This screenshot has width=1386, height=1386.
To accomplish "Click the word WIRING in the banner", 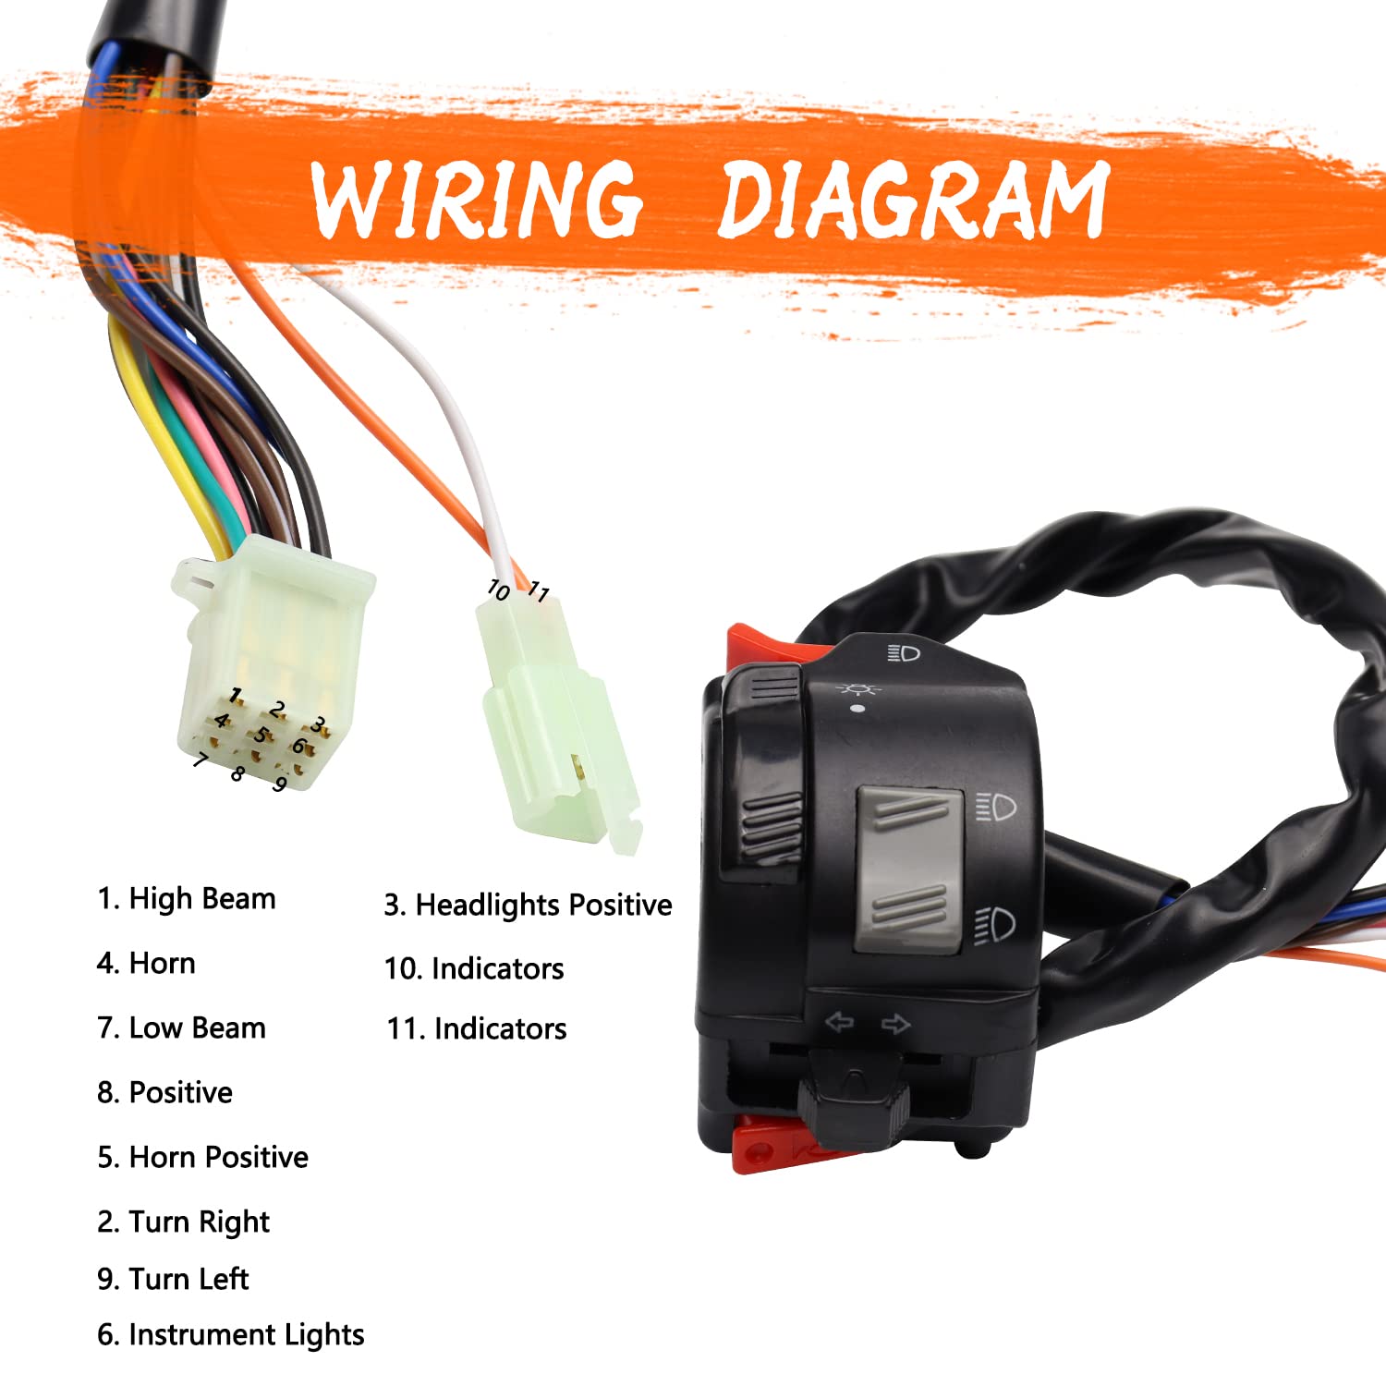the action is pos(476,199).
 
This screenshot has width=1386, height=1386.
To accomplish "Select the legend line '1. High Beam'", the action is pos(187,898).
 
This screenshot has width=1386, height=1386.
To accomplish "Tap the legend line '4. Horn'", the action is pos(146,963).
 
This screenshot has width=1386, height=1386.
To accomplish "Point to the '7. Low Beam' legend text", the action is pos(181,1027).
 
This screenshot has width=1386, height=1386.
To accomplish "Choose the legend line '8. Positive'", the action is pos(164,1092).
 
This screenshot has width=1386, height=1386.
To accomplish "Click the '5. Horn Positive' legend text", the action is pos(202,1157).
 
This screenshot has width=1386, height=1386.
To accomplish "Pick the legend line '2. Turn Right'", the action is pos(183,1222).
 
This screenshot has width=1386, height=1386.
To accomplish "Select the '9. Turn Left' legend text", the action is pos(173,1279).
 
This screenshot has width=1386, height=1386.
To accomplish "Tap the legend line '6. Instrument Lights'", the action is pos(230,1334).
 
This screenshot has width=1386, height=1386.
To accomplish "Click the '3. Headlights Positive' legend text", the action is pos(528,905).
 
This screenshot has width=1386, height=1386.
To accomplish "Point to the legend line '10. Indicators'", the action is pos(473,968).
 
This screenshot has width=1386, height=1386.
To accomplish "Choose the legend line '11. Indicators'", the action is pos(476,1028).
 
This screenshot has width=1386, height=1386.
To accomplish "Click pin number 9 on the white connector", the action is pos(279,784).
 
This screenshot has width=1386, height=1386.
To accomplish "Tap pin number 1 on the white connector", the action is pos(237,695).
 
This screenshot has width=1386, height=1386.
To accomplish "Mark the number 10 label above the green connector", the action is pos(498,589).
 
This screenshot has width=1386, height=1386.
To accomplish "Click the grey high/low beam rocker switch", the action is pos(909,869).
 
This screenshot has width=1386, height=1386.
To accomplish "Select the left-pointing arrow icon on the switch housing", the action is pos(839,1022).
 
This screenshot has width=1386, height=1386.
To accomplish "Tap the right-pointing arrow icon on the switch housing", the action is pos(895,1023).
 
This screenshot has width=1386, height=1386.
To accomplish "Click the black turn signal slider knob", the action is pos(854,1100).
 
